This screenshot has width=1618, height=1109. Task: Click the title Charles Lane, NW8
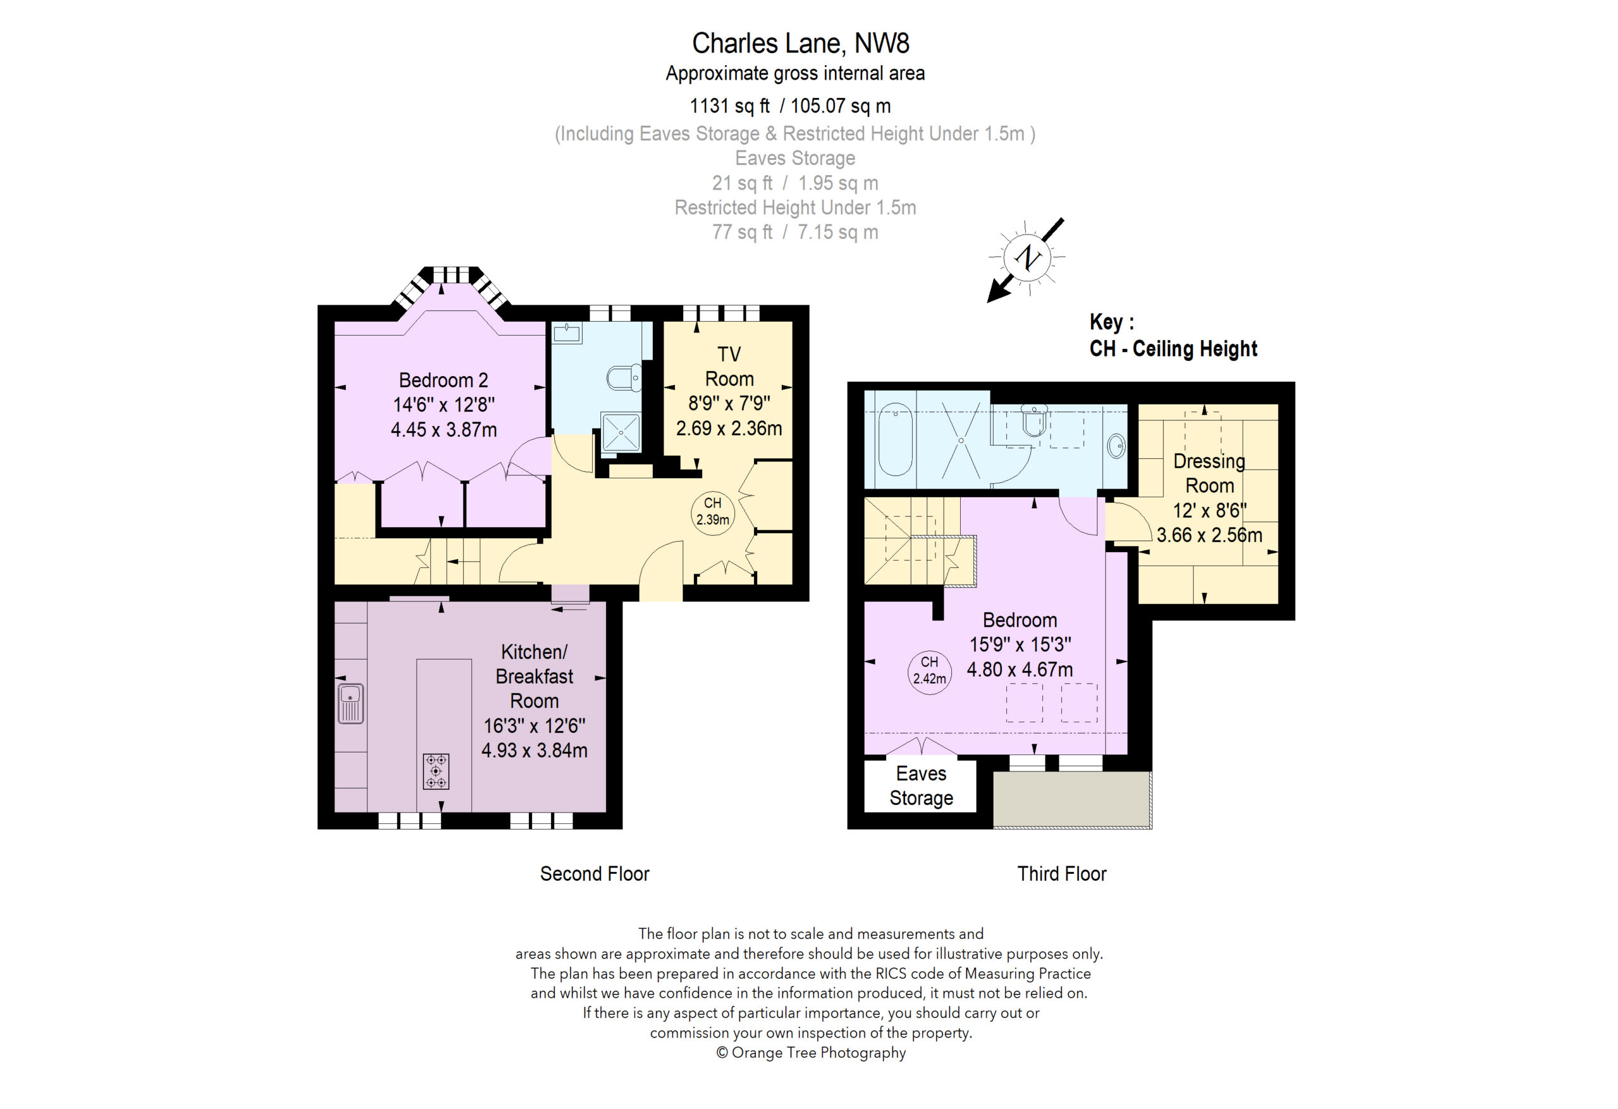tap(800, 43)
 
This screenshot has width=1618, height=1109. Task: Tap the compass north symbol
tap(1026, 258)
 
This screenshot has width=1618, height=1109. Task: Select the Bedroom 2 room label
tap(444, 380)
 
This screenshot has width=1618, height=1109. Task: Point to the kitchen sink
tap(350, 703)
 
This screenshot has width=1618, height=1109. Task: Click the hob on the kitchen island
tap(436, 772)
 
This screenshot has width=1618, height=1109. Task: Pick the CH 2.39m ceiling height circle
tap(712, 512)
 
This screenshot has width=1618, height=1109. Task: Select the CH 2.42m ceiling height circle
tap(930, 670)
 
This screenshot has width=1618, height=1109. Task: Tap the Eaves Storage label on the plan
tap(921, 786)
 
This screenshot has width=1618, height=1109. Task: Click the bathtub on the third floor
tap(894, 439)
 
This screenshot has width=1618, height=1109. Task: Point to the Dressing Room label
tap(1209, 473)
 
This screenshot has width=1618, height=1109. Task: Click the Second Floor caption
tap(595, 874)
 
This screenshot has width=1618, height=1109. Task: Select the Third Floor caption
tap(1062, 874)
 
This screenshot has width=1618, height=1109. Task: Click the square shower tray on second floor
tap(620, 432)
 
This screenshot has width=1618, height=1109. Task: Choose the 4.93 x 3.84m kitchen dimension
tap(534, 751)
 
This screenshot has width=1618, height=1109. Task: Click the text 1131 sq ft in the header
tap(729, 106)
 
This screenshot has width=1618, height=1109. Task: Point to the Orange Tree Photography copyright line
tap(811, 1053)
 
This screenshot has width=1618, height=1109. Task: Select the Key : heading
tap(1112, 322)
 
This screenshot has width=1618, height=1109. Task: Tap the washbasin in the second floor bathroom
tap(567, 334)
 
